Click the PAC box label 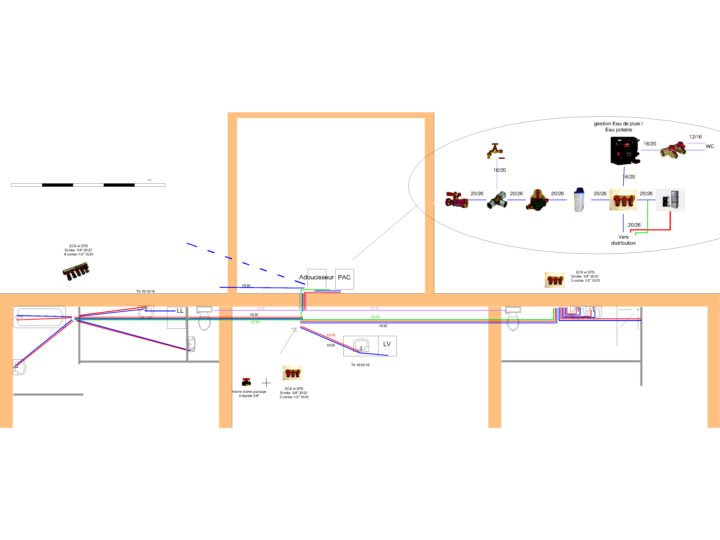[344, 277]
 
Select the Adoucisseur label [316, 277]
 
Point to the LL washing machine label [180, 310]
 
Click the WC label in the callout [710, 147]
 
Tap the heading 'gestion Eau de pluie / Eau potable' [618, 127]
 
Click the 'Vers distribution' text [623, 240]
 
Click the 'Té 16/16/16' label [145, 291]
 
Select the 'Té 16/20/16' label [360, 365]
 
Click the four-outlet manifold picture [76, 271]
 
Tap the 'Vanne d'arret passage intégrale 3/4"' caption [249, 393]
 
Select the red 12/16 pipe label [331, 335]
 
